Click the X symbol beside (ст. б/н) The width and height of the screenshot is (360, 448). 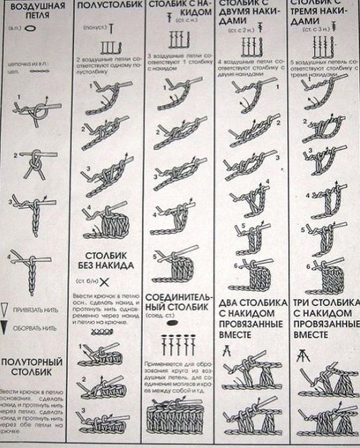click(x=104, y=282)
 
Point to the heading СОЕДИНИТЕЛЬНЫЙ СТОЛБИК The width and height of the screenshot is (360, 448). click(x=179, y=302)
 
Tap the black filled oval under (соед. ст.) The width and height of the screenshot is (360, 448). click(x=173, y=321)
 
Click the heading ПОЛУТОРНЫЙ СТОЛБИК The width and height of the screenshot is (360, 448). click(x=32, y=367)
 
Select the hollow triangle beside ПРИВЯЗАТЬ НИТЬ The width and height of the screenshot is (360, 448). click(x=5, y=310)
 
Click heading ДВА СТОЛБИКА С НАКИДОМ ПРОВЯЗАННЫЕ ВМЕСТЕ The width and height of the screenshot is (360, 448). click(x=253, y=318)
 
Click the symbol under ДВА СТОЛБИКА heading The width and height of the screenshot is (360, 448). click(x=226, y=351)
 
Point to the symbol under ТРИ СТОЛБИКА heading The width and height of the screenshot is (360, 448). click(x=301, y=355)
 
